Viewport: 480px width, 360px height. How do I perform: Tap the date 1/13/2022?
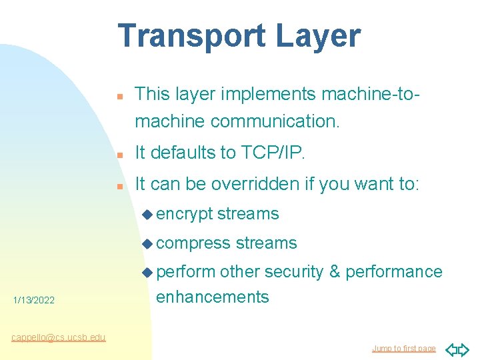pos(34,301)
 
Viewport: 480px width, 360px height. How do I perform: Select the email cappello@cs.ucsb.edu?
pos(58,337)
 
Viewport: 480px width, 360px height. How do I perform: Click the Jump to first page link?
pos(403,349)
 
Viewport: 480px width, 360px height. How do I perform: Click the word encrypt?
pos(185,214)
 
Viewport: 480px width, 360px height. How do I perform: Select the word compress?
pos(193,243)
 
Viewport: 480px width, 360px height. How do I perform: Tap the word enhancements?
pos(212,297)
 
